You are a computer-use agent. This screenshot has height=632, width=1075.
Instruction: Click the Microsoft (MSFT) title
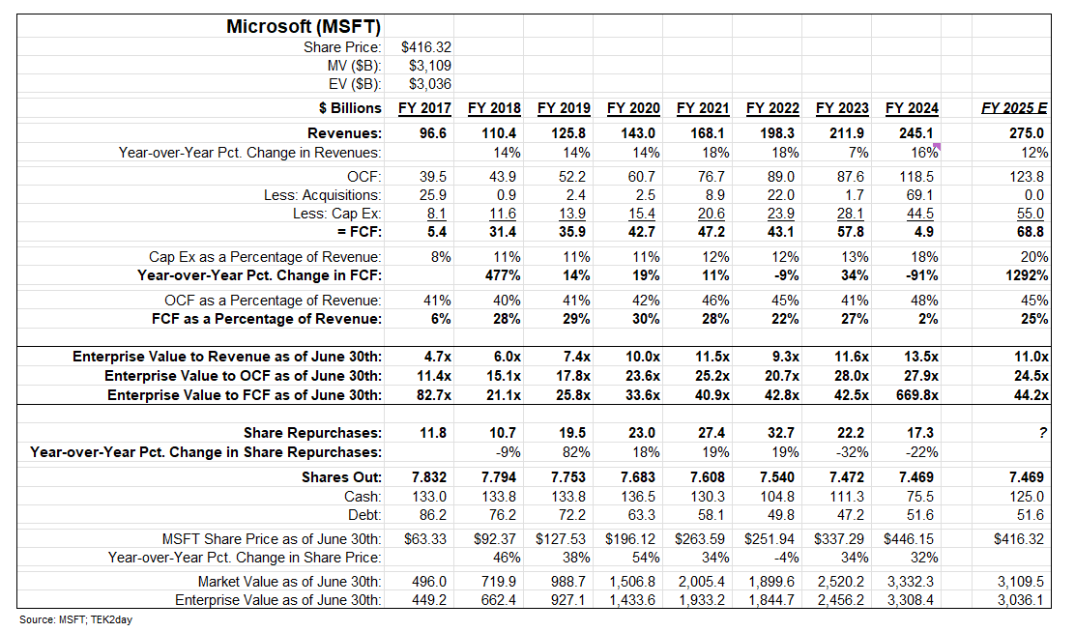click(x=303, y=26)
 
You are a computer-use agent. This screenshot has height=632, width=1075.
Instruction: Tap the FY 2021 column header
click(x=703, y=108)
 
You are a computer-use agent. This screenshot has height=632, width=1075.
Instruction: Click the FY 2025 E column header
click(x=1013, y=108)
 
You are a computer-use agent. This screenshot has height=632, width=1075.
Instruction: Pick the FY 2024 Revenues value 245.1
click(x=917, y=133)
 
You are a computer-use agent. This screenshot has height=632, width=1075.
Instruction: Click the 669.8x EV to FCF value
click(x=914, y=394)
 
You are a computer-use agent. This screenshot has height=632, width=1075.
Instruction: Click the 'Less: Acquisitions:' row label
click(x=323, y=195)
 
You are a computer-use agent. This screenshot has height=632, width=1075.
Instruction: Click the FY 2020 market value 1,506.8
click(x=633, y=581)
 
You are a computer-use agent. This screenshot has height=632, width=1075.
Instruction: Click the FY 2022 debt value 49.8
click(x=782, y=514)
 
